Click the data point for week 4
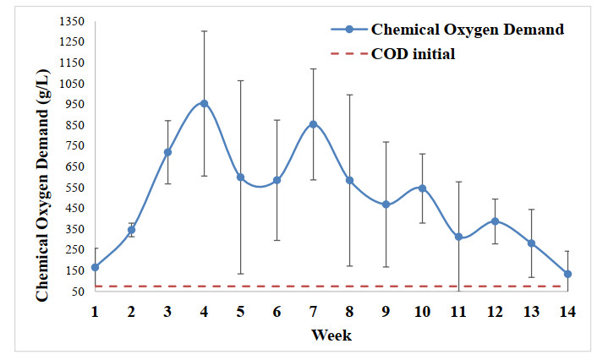(204, 103)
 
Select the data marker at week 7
(313, 124)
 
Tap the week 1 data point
(95, 267)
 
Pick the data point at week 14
(567, 274)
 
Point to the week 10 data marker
(422, 188)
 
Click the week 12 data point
(495, 221)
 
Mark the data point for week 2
(131, 230)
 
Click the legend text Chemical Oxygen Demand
(467, 30)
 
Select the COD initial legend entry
(413, 55)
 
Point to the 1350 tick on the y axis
(73, 21)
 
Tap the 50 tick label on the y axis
(79, 292)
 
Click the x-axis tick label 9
(386, 311)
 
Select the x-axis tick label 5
(240, 311)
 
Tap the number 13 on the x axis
(531, 311)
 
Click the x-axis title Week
(331, 335)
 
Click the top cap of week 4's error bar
(204, 31)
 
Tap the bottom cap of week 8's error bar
(349, 265)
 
